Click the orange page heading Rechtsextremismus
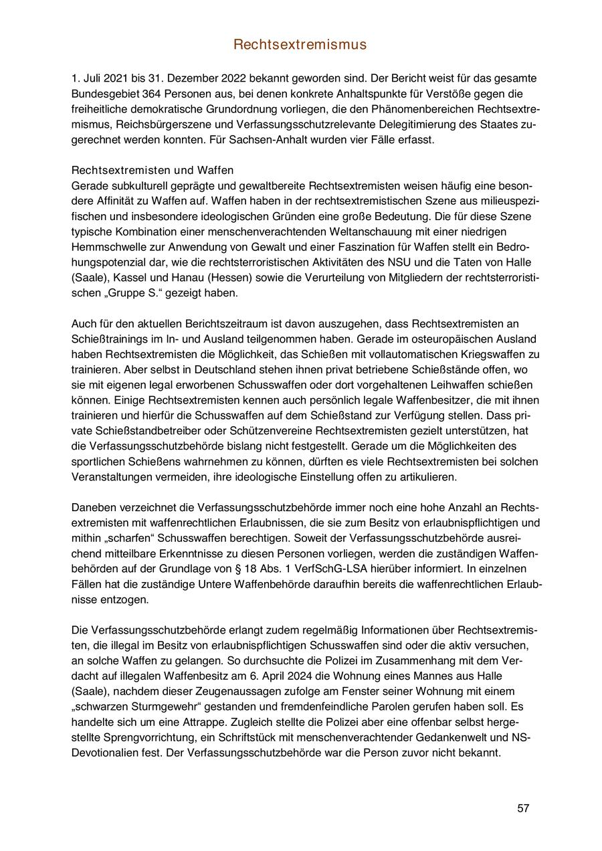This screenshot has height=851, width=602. click(x=300, y=45)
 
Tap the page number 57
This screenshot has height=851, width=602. click(x=523, y=808)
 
